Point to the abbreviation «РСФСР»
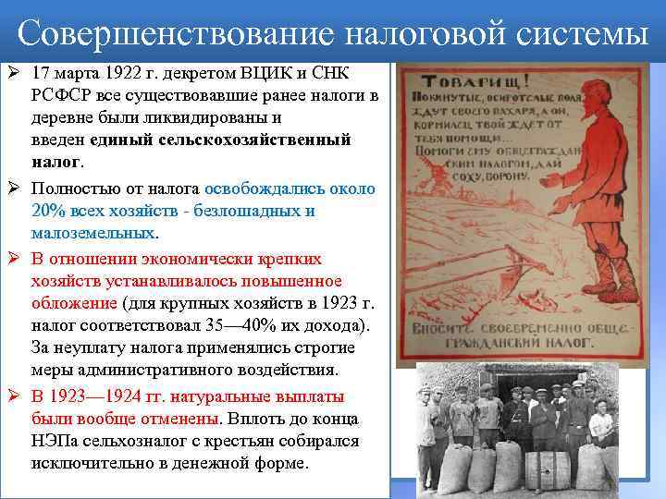click(61, 94)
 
